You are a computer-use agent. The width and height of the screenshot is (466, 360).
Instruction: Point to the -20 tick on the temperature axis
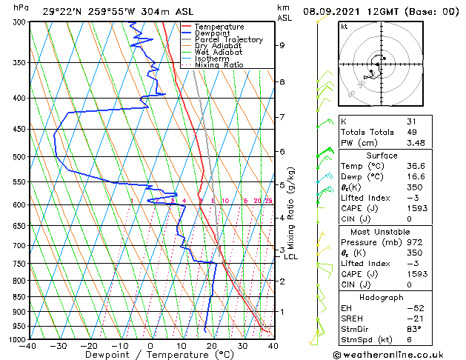(89, 345)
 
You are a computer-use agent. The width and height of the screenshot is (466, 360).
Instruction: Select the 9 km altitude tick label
(282, 45)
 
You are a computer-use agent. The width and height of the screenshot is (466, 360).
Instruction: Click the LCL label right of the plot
(291, 257)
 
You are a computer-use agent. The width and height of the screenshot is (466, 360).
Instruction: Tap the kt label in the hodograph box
(344, 27)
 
